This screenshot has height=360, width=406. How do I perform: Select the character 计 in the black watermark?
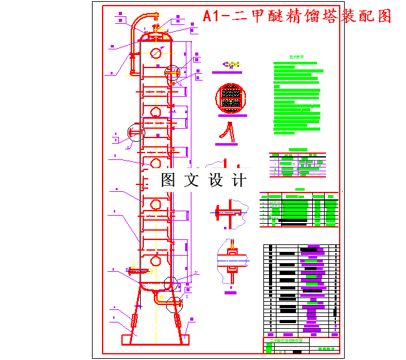(x=238, y=180)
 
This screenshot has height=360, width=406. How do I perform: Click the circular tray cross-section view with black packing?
(x=232, y=99)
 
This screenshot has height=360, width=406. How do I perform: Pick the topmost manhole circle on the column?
(x=155, y=53)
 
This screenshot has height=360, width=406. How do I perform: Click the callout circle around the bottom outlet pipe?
(x=176, y=304)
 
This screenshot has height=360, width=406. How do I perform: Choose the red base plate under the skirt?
(x=154, y=341)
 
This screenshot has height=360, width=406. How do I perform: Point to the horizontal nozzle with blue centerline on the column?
(x=140, y=271)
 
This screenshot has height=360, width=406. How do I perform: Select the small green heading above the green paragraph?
(x=297, y=57)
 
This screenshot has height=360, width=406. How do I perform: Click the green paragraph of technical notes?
(x=298, y=97)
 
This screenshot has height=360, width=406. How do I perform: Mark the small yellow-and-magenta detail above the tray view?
(x=231, y=64)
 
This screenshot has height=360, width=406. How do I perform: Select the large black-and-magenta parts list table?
(x=301, y=289)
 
